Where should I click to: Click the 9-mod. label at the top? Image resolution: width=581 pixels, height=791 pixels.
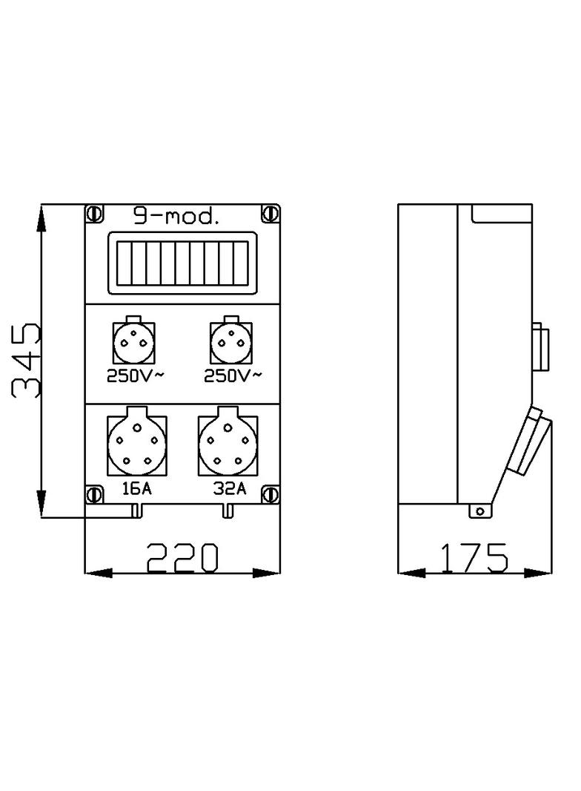[176, 217]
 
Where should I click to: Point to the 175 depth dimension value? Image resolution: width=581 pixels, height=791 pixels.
[475, 558]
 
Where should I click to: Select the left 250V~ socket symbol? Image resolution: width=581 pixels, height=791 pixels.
[134, 342]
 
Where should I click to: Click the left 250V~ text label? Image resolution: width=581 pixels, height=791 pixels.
[136, 376]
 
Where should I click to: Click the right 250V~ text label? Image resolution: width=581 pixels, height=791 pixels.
[233, 376]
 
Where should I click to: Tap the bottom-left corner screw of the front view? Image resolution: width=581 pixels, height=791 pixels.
[95, 493]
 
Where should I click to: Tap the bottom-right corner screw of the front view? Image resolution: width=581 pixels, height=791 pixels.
[271, 493]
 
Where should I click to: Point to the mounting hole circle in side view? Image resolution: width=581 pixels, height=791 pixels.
[481, 511]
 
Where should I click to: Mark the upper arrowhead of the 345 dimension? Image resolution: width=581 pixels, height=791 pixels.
[41, 219]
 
